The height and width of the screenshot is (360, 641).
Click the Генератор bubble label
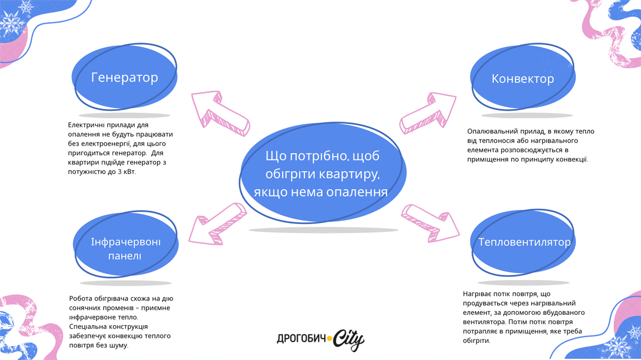(125, 77)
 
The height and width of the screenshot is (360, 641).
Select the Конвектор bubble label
(522, 78)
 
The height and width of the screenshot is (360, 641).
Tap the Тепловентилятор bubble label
(524, 242)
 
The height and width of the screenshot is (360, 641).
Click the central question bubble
(322, 173)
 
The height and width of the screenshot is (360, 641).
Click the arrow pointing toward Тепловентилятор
(430, 223)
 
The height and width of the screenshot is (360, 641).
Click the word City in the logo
(349, 339)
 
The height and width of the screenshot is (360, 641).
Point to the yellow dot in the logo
(329, 338)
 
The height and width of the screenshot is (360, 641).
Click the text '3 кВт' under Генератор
(126, 172)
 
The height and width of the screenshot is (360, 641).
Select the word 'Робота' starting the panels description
(81, 298)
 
